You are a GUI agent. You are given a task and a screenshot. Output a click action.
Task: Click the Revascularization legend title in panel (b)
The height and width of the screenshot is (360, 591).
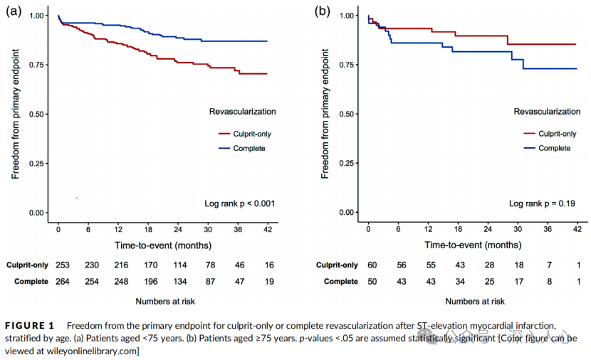(547, 112)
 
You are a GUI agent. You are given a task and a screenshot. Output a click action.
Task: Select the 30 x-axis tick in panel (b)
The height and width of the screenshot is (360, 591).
(517, 229)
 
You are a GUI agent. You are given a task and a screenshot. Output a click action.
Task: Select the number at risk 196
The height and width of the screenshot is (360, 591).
(149, 282)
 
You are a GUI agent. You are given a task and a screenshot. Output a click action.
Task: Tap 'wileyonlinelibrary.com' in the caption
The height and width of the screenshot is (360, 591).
(93, 351)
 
